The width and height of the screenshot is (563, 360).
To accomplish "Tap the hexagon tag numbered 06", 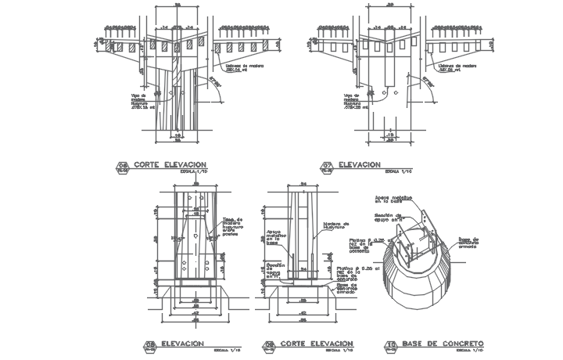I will click(x=122, y=166).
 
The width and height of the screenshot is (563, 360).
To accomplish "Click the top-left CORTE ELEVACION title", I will click(x=169, y=164).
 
